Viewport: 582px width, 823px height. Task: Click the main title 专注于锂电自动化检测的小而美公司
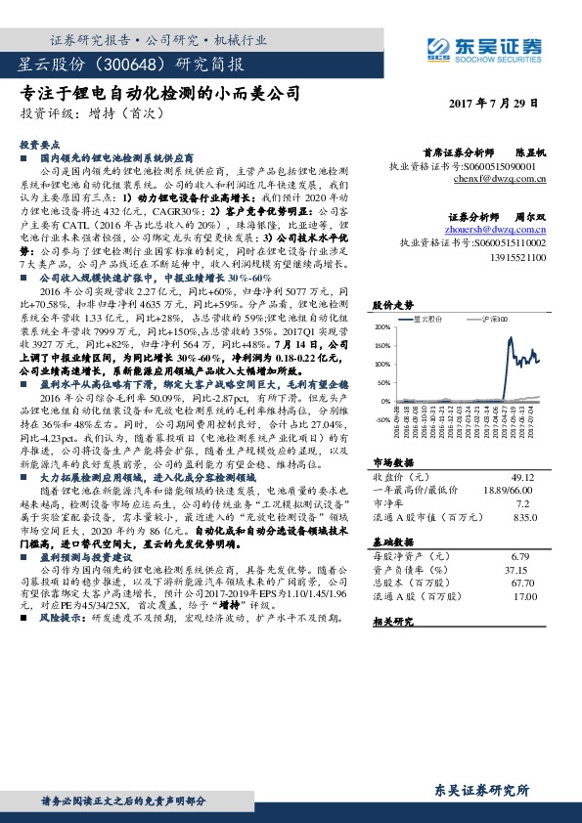pos(159,95)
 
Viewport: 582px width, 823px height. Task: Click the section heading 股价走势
pos(388,305)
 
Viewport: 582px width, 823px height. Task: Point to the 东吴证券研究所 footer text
pos(480,790)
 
